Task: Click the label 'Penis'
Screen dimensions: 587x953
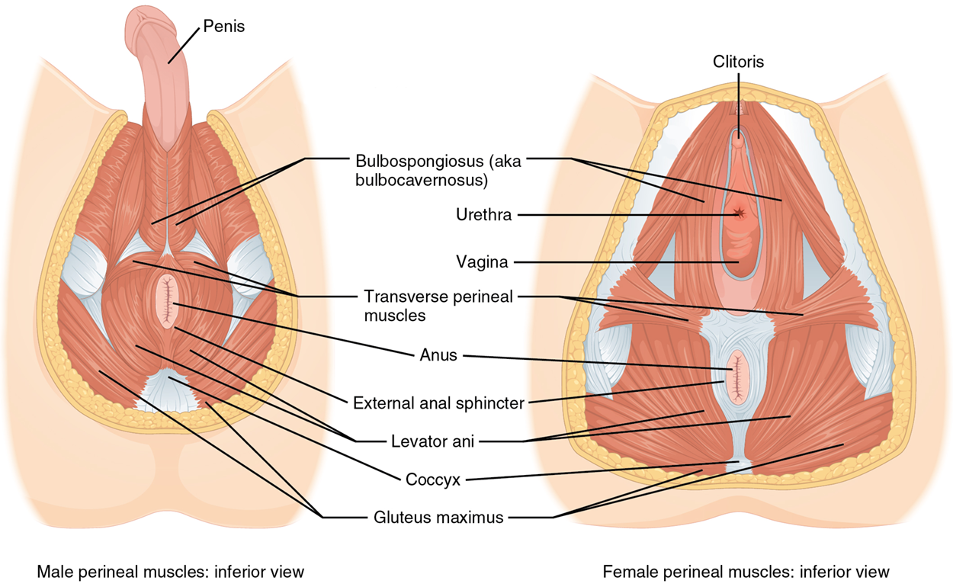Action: pyautogui.click(x=223, y=27)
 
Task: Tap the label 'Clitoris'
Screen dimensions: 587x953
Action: pyautogui.click(x=738, y=62)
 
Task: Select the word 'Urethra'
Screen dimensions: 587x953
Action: pyautogui.click(x=483, y=215)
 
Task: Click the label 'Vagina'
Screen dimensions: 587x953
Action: pyautogui.click(x=482, y=262)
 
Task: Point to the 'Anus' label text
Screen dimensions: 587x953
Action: pyautogui.click(x=438, y=355)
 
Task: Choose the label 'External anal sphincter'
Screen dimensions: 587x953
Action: pyautogui.click(x=438, y=403)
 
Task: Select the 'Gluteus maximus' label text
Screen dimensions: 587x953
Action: pyautogui.click(x=438, y=518)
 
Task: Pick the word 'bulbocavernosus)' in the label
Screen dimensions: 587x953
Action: pyautogui.click(x=410, y=181)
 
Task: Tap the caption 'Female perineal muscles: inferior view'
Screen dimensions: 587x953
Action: pyautogui.click(x=746, y=571)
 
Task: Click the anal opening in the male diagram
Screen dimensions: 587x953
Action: pyautogui.click(x=166, y=300)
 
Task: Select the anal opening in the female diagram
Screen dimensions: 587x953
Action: pyautogui.click(x=737, y=377)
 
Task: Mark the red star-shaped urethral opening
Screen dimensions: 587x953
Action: pyautogui.click(x=737, y=214)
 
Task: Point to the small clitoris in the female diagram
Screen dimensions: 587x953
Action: pyautogui.click(x=737, y=139)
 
